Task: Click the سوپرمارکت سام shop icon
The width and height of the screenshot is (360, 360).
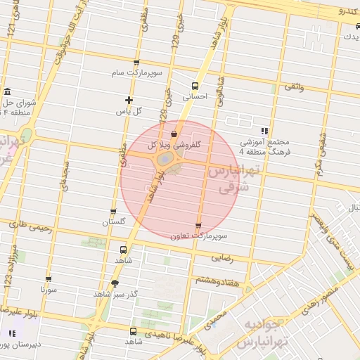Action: click(136, 63)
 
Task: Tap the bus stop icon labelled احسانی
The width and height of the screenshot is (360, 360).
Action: click(195, 86)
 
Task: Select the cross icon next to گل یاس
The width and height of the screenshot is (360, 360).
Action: click(128, 100)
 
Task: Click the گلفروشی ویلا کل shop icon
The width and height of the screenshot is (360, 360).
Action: click(174, 134)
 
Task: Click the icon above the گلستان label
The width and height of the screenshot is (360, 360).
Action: click(113, 211)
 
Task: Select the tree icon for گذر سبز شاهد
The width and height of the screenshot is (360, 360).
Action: click(115, 283)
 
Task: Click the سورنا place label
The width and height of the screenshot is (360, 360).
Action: click(48, 289)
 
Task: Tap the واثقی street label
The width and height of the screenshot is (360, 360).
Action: click(294, 87)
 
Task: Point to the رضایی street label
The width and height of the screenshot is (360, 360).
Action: click(221, 257)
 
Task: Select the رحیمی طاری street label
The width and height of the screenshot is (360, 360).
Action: click(28, 226)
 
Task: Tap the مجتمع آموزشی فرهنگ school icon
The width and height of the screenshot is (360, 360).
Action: click(264, 131)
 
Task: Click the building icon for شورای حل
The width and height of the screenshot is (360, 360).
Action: click(7, 93)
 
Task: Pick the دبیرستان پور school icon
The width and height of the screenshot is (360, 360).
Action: click(12, 333)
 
